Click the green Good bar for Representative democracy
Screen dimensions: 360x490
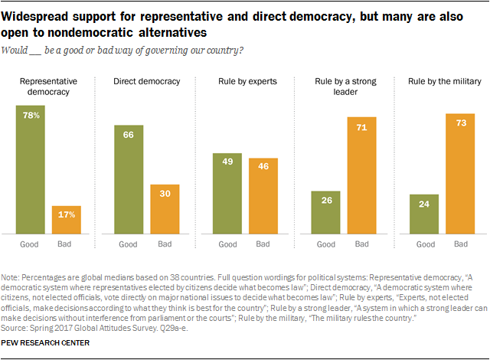[x=31, y=169]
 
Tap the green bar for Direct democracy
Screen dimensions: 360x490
[x=128, y=179]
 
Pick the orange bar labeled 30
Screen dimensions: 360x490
[x=165, y=208]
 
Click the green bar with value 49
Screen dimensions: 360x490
[x=227, y=192]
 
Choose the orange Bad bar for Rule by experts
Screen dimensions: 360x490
[x=263, y=195]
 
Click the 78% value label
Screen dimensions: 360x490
[x=31, y=115]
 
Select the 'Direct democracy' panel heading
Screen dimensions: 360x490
[x=145, y=80]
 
